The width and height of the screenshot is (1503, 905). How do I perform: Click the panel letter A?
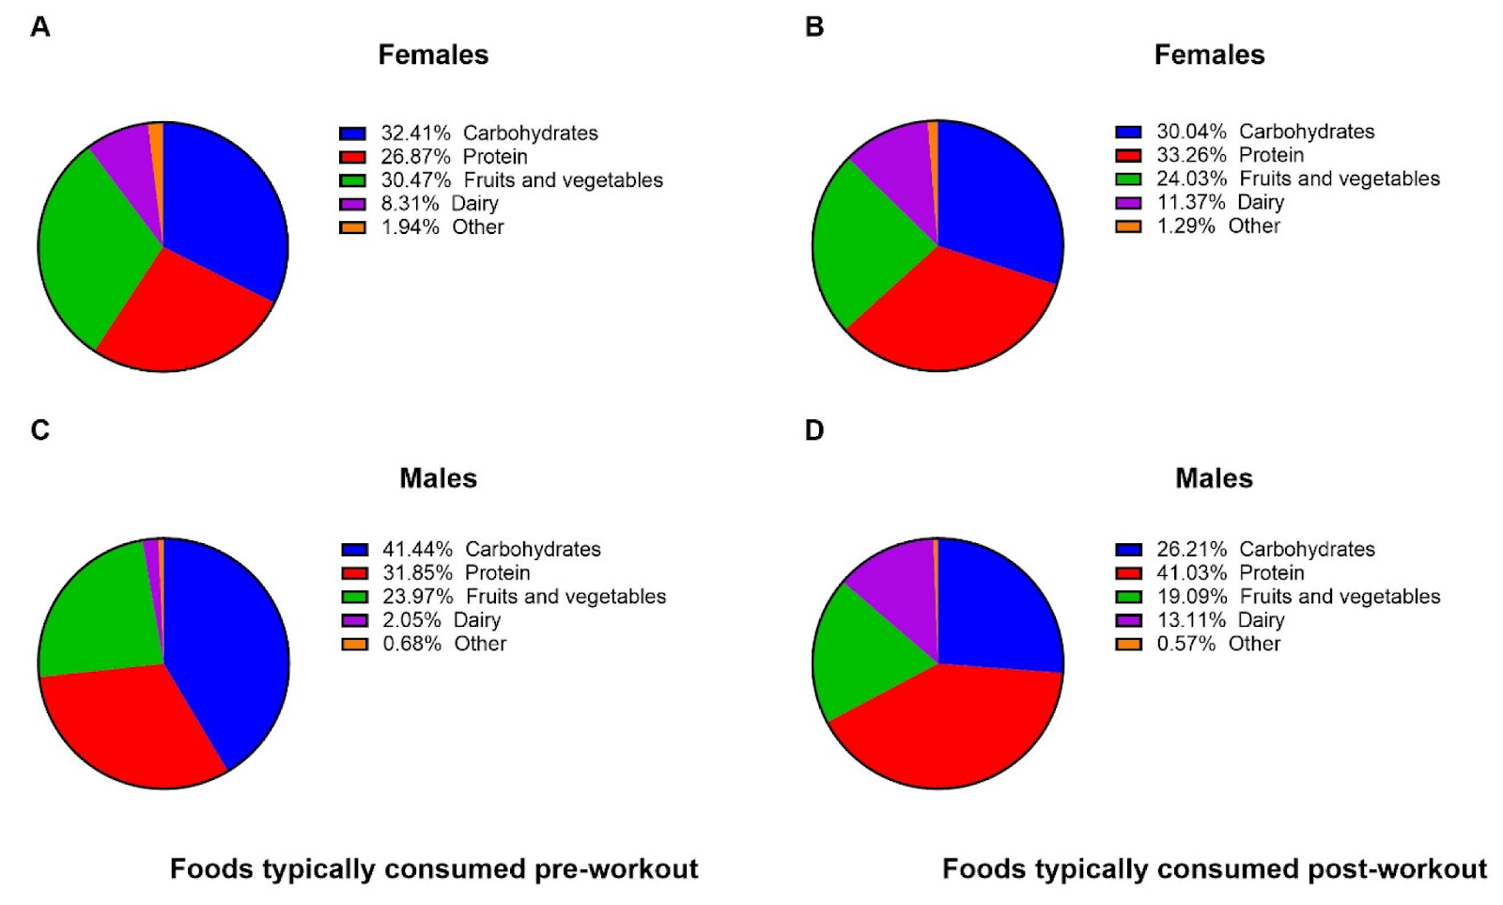click(x=39, y=27)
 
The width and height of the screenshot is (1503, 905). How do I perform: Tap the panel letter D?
click(x=814, y=430)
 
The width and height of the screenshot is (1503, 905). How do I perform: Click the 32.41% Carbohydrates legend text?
click(x=488, y=133)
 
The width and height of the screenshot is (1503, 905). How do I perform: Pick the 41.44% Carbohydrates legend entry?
click(x=490, y=550)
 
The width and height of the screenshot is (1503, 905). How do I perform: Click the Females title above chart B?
click(x=1209, y=55)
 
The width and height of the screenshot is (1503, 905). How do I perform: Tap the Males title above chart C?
click(x=438, y=478)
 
